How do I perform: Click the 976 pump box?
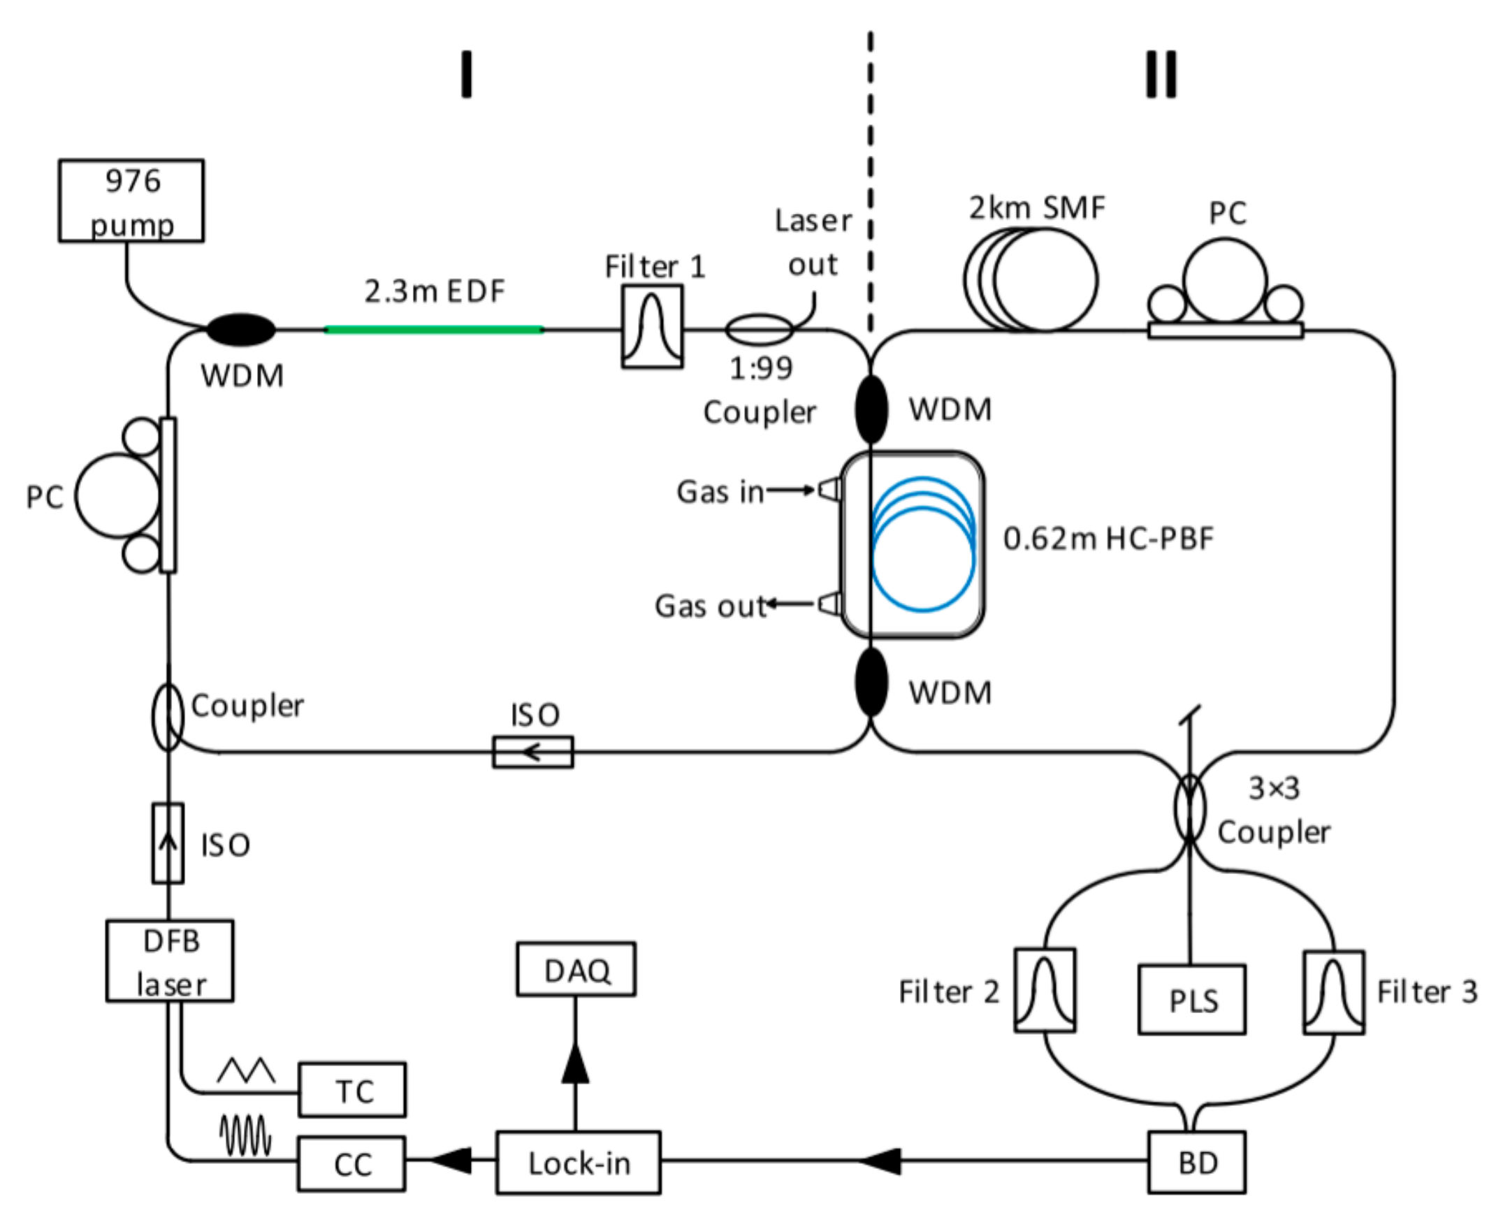point(131,201)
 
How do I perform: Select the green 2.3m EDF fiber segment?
point(433,329)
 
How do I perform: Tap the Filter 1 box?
point(652,326)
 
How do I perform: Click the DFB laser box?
point(170,961)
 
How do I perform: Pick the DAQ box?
point(576,969)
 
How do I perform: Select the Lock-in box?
point(579,1163)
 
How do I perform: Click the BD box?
point(1196,1163)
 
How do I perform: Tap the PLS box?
point(1192,1000)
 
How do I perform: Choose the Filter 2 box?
point(1044,991)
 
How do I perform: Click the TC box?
point(353,1089)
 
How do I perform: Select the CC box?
point(352,1164)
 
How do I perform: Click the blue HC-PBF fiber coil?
point(923,544)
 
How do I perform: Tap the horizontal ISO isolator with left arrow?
point(533,752)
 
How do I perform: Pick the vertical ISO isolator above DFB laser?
point(168,843)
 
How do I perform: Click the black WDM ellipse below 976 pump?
point(240,330)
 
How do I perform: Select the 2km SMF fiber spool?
point(1031,279)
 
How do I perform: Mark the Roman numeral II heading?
point(1161,74)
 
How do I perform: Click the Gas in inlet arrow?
point(790,489)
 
